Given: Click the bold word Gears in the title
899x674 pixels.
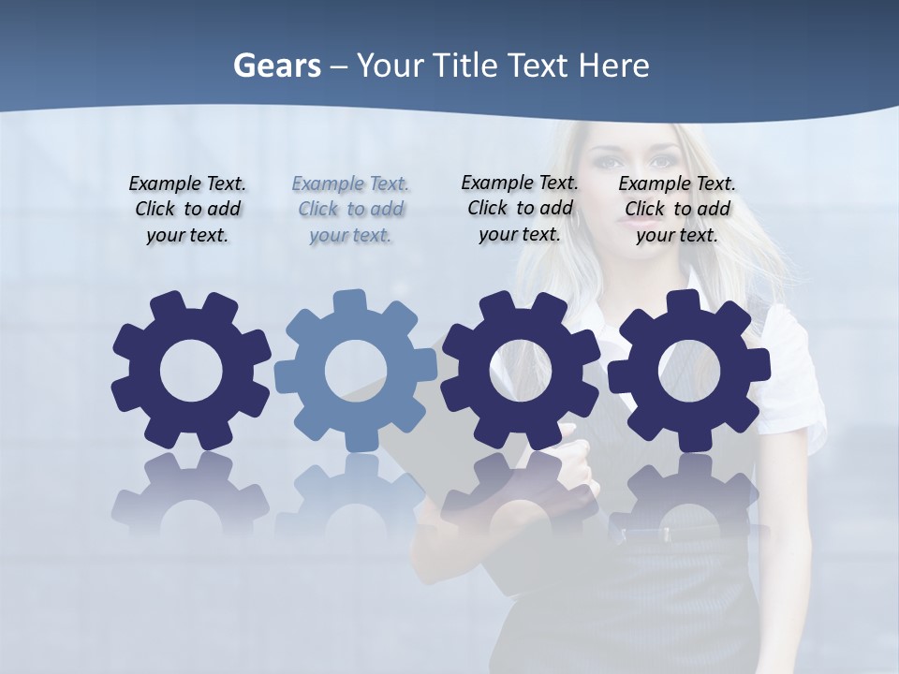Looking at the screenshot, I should click(x=276, y=66).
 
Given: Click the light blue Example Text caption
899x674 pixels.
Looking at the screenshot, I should click(x=350, y=209).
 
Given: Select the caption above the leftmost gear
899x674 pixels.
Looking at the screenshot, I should click(x=187, y=209).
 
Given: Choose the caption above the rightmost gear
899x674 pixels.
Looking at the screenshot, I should click(x=677, y=209).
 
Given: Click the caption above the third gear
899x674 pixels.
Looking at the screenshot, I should click(x=520, y=208).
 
